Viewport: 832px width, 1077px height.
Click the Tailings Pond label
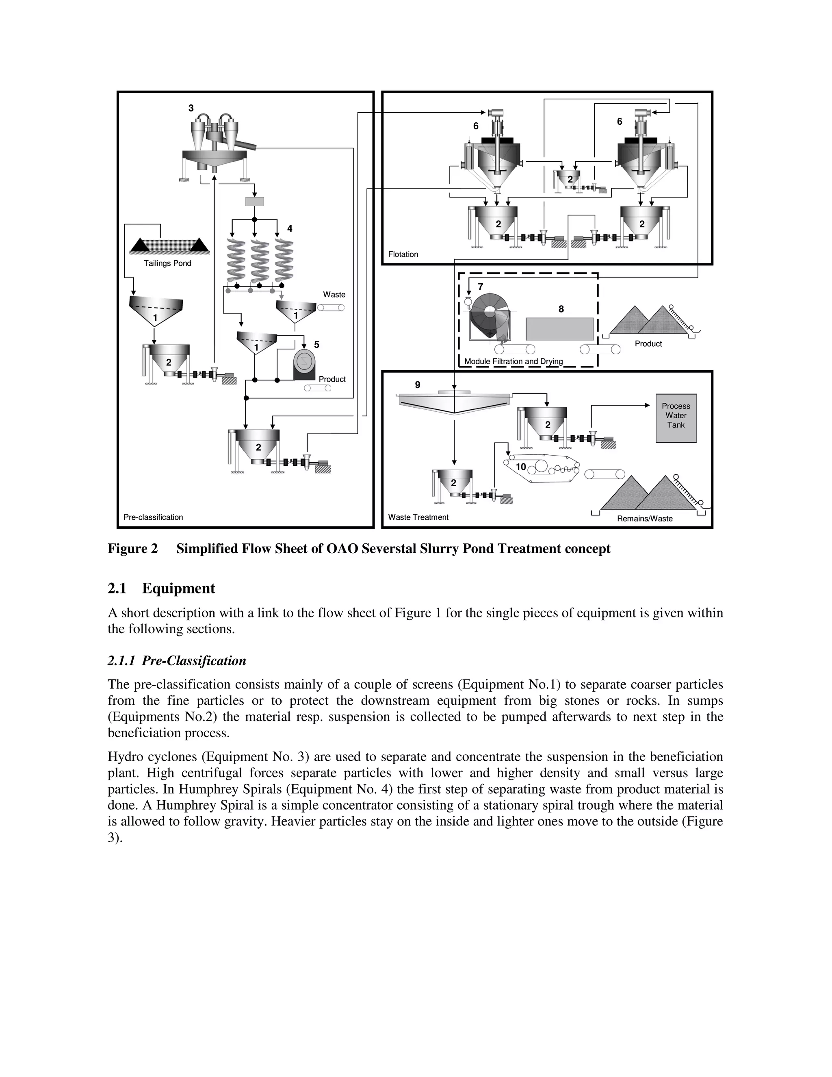coord(167,263)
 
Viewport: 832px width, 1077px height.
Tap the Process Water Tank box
coord(676,418)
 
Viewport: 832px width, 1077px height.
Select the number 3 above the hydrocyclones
coord(191,108)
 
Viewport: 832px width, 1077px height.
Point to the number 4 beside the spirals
coord(290,228)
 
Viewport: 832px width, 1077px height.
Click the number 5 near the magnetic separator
coord(316,345)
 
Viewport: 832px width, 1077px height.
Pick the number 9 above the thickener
coord(418,384)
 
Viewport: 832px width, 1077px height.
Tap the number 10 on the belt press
coord(521,467)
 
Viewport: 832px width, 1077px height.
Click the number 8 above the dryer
coord(561,309)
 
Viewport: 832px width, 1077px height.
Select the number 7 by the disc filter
coord(481,287)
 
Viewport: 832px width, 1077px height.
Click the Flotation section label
coord(403,254)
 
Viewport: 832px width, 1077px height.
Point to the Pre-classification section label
coord(153,517)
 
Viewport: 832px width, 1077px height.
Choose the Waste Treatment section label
coord(418,517)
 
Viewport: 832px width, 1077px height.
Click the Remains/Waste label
coord(645,519)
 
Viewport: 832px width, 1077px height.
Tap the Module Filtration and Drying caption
coord(513,361)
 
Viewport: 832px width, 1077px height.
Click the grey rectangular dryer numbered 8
coord(559,328)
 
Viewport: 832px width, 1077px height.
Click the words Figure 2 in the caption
coord(132,549)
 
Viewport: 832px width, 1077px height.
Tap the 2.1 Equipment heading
coord(161,588)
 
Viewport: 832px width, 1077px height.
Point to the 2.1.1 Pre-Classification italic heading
coord(176,661)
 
